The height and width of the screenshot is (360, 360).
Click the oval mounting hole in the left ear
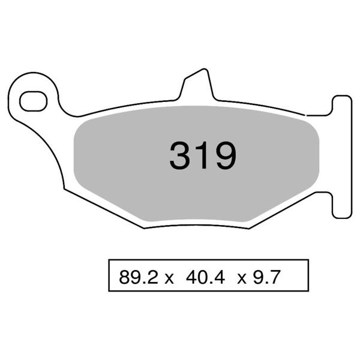pyautogui.click(x=33, y=101)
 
